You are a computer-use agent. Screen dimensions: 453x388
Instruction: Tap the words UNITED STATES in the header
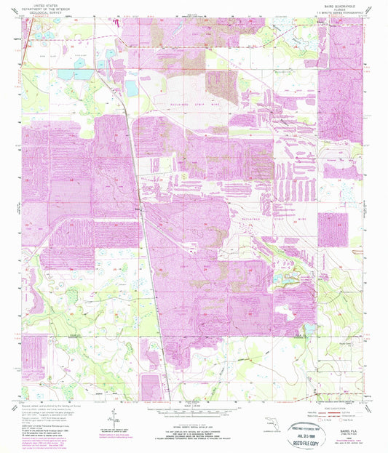[x=50, y=4]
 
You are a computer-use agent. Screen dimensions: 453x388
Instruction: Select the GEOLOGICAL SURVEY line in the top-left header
[x=50, y=12]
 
